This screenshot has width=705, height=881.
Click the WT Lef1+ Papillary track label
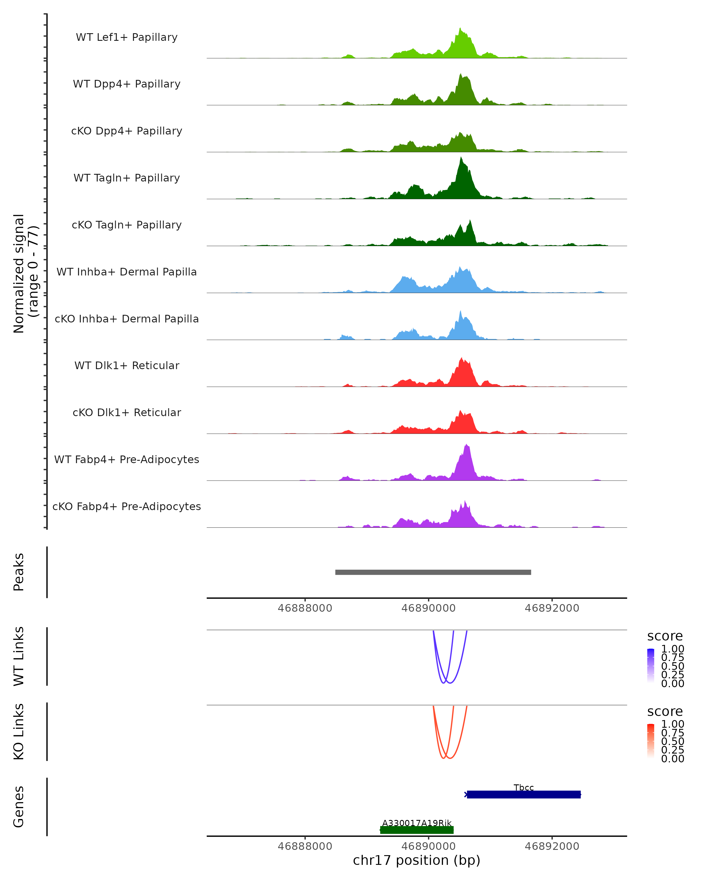coord(127,37)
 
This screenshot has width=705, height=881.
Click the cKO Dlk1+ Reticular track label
coord(127,412)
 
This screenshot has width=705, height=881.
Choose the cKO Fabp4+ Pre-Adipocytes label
coord(127,506)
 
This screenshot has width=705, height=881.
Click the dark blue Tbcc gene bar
coord(523,794)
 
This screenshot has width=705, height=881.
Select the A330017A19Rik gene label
coord(417,823)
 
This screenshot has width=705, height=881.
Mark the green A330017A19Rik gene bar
coord(417,830)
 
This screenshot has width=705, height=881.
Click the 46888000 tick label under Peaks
coord(305,608)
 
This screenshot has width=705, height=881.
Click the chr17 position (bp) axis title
coord(417,860)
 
